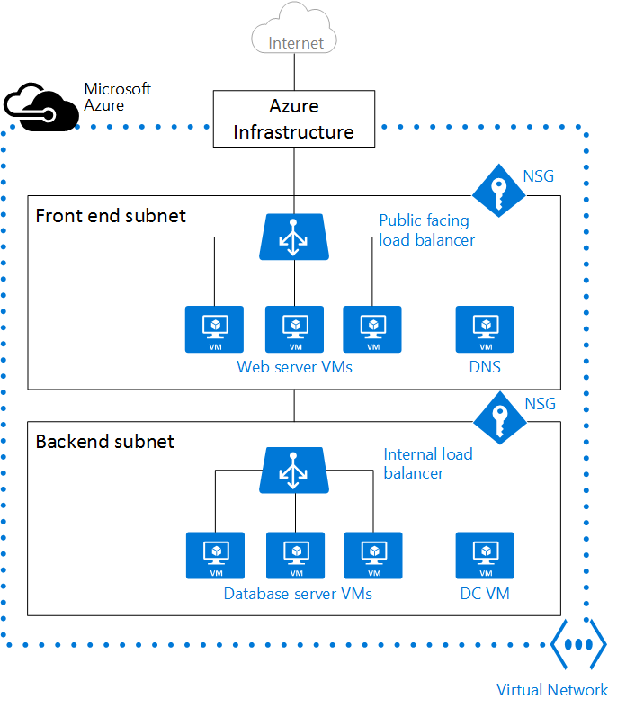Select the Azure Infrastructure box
pos(294,119)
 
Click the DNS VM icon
pos(485,329)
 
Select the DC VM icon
pos(485,555)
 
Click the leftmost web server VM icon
pos(214,329)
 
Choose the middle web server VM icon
pos(294,329)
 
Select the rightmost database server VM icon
pos(372,555)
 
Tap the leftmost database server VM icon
pos(215,555)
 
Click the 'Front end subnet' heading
pos(111,216)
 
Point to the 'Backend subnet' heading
pos(105,442)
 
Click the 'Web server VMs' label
pos(294,367)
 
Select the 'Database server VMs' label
pos(298,594)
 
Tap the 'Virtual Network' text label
pos(552,690)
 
